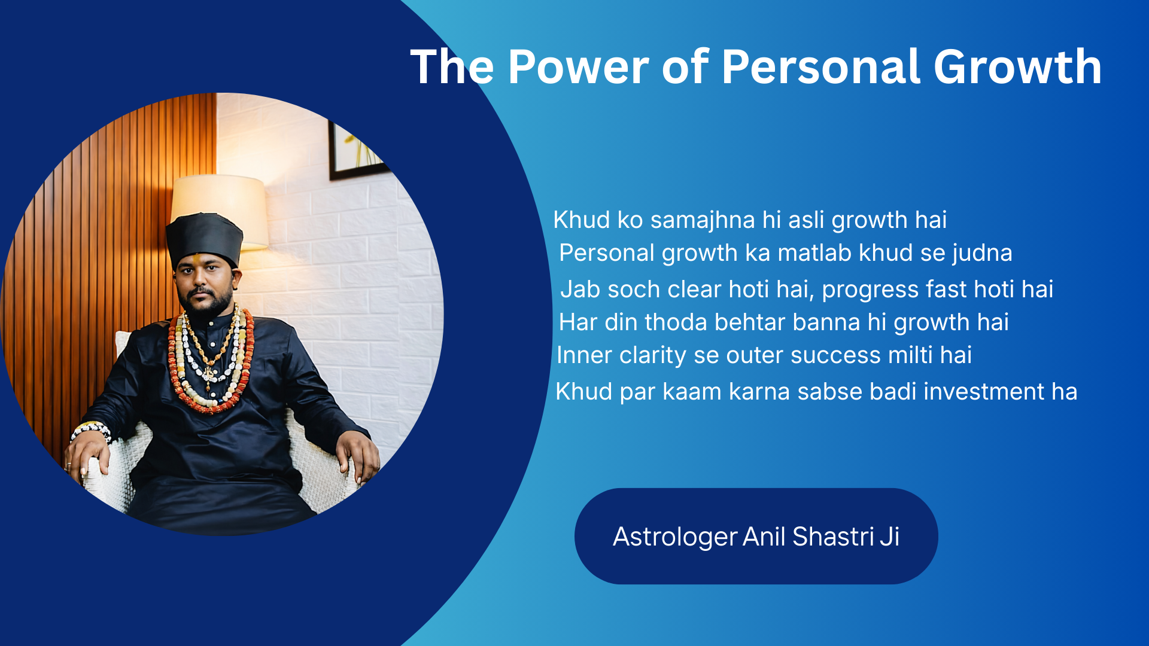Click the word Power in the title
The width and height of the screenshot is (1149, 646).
(578, 67)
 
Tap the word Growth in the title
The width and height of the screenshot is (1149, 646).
(1017, 67)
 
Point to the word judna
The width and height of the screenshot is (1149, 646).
(982, 253)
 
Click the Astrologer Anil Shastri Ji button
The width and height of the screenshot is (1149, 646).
(756, 536)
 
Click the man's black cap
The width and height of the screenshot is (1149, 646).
(205, 239)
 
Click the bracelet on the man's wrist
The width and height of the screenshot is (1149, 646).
(91, 430)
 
